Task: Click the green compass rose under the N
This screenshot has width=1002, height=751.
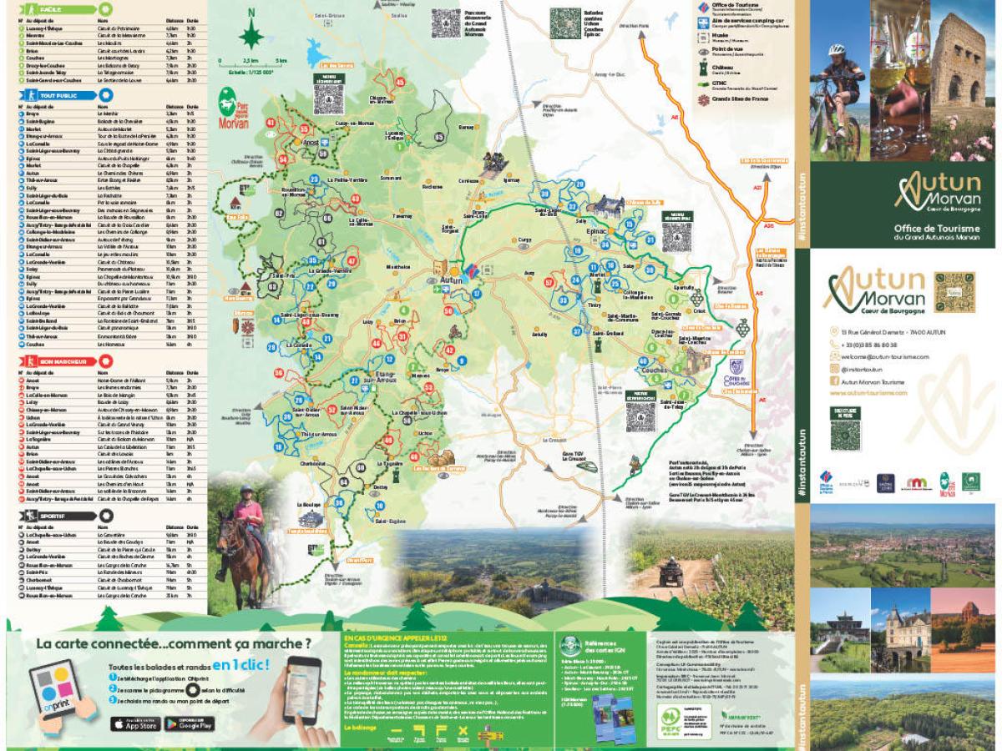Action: pyautogui.click(x=251, y=36)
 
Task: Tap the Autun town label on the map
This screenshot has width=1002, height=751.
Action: pyautogui.click(x=451, y=280)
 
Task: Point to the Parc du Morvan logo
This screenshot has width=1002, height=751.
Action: pyautogui.click(x=235, y=110)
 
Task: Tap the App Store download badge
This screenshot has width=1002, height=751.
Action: pyautogui.click(x=133, y=724)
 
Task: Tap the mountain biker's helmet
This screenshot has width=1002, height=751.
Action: pyautogui.click(x=835, y=50)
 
